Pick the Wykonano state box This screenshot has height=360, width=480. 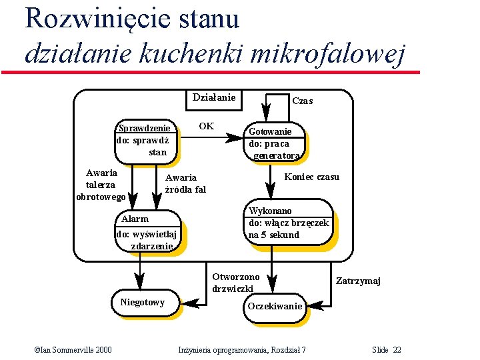pos(288,223)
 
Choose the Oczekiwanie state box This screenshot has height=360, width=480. pos(275,307)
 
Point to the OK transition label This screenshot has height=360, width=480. pos(207,126)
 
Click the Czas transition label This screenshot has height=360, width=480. pos(303,101)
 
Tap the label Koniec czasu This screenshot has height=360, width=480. pos(311,177)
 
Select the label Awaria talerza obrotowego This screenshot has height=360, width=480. pos(101,185)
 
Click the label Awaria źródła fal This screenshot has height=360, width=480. pos(185,183)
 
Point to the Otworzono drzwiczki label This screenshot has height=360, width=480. pos(235,283)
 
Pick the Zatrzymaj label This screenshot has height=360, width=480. pos(358,281)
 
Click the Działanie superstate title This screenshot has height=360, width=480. pos(213,98)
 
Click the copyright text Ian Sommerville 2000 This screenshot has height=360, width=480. pos(73,350)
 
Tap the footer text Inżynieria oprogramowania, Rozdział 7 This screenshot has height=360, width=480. pos(242,350)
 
